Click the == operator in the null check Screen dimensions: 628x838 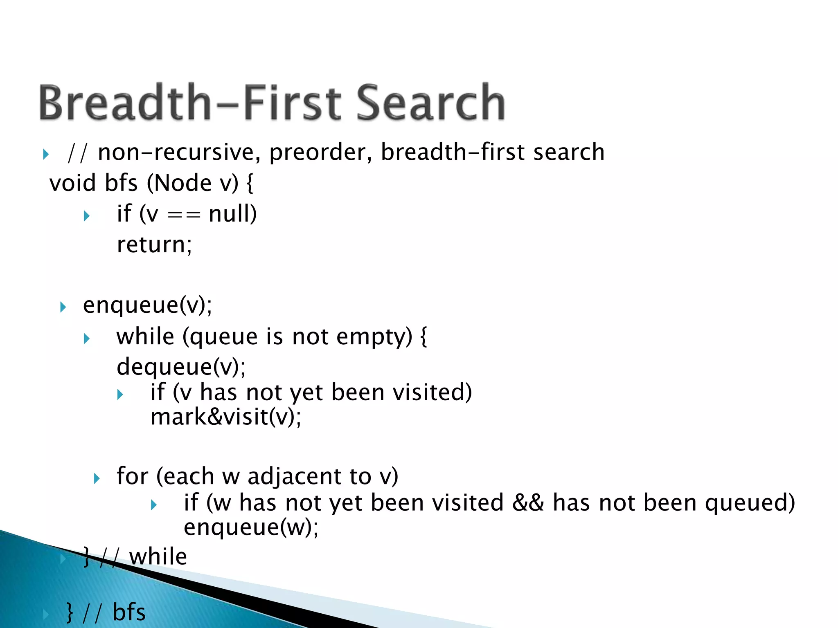(x=184, y=214)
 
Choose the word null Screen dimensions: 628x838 (x=232, y=213)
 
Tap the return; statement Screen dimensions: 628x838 (x=154, y=244)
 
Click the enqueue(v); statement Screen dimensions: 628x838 (x=148, y=305)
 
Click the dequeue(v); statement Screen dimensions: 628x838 (x=181, y=366)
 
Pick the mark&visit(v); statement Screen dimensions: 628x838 (x=226, y=417)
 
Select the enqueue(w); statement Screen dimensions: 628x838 (x=251, y=527)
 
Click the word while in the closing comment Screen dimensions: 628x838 (x=158, y=556)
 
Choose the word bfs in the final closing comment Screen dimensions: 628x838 (x=129, y=612)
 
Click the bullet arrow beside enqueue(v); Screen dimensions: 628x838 (x=63, y=307)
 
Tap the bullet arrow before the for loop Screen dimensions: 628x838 (x=97, y=478)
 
